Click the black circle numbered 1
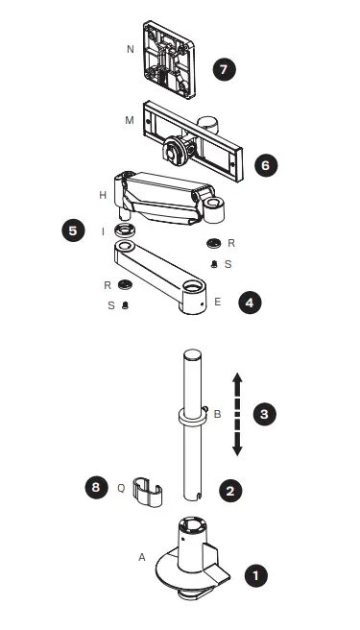(254, 576)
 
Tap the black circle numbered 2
(230, 489)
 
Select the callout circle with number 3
(265, 414)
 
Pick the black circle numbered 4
(250, 302)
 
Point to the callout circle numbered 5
(74, 231)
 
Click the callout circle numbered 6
(266, 165)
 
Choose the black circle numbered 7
(224, 70)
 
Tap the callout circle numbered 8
(94, 487)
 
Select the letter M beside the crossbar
(130, 123)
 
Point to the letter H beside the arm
(102, 194)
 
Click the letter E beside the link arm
(218, 302)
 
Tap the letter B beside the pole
(217, 415)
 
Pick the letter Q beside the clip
(122, 487)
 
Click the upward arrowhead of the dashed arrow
(238, 379)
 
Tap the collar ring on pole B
(191, 419)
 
